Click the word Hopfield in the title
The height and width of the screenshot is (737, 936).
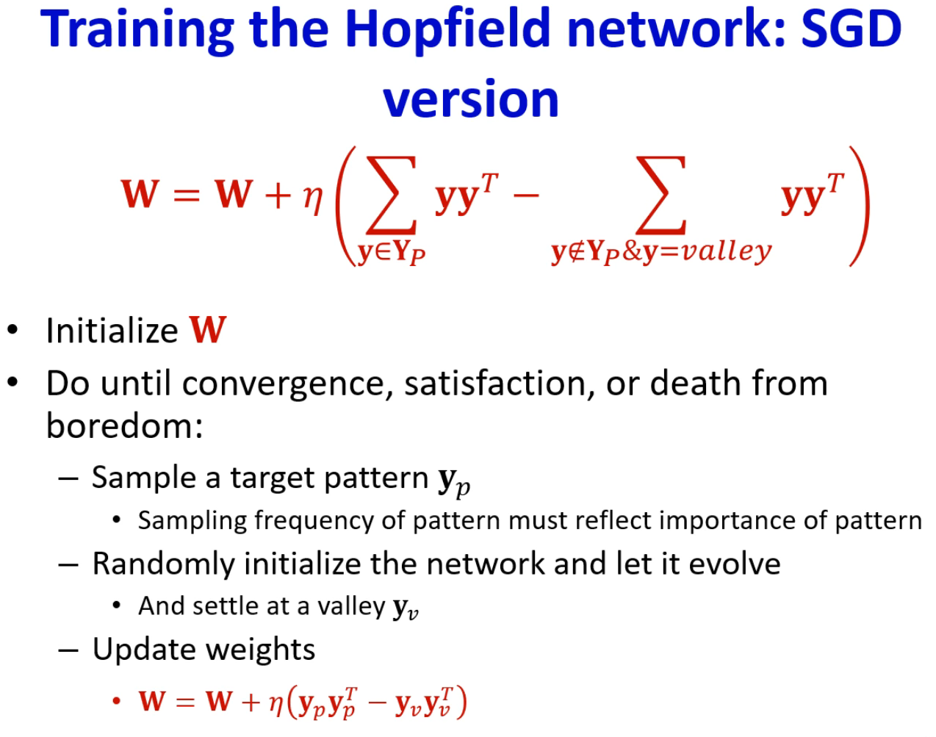(448, 30)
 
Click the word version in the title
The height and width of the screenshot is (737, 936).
(471, 99)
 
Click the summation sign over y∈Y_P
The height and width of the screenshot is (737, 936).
(392, 195)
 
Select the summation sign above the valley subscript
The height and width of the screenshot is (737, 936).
(661, 195)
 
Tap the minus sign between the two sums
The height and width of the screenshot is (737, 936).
(526, 195)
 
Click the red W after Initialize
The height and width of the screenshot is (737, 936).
(208, 330)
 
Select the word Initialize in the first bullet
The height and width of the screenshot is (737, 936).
(112, 331)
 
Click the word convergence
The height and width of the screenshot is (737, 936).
(283, 384)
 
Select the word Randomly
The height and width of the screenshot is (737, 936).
(164, 564)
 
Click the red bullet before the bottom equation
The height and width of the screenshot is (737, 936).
(116, 701)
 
